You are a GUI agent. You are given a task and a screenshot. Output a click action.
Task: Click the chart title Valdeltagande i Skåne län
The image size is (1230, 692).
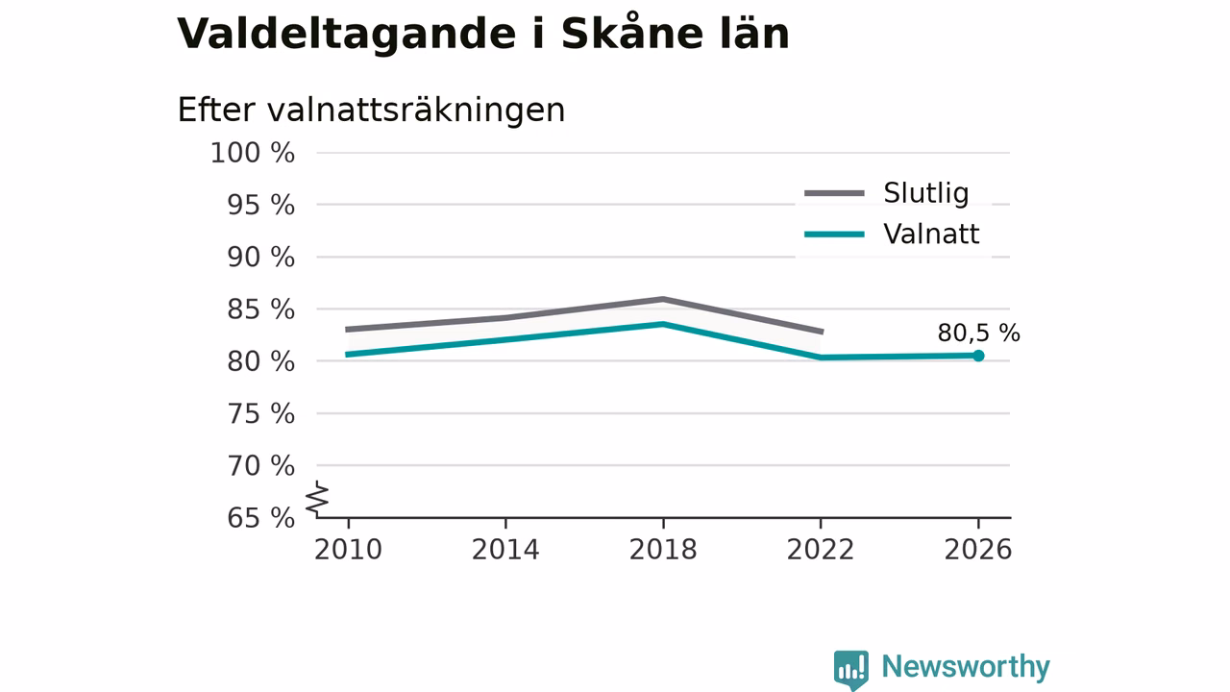tap(483, 33)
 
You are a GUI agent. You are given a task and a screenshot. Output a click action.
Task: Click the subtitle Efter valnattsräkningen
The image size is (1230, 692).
tap(371, 110)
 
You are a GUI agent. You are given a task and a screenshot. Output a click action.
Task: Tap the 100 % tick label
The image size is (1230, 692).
tap(253, 153)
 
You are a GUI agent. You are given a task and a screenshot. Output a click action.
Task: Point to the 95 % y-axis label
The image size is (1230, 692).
tap(260, 205)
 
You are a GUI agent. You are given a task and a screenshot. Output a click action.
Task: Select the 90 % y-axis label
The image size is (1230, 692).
tap(260, 257)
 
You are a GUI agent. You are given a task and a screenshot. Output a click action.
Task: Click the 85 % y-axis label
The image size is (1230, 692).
tap(260, 309)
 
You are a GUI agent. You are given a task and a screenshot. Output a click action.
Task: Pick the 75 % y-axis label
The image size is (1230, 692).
tap(260, 413)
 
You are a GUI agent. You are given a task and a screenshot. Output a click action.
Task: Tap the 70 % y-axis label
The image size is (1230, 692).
tap(260, 466)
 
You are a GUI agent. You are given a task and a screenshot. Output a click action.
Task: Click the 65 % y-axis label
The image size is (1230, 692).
tap(260, 518)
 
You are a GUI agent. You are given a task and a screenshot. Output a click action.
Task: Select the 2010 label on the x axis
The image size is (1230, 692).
tap(348, 550)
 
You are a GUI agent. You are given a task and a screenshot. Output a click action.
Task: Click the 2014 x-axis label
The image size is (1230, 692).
tap(505, 550)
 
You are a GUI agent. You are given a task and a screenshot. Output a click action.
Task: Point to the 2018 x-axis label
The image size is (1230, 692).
tap(663, 550)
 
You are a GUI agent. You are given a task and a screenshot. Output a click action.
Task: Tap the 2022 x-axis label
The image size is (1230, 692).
tap(821, 550)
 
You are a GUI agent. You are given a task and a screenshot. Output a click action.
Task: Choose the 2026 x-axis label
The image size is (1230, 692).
tap(977, 550)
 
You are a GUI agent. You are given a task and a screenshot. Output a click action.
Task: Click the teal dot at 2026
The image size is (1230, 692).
tap(978, 356)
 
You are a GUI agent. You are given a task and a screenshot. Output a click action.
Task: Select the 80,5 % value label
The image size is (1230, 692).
tap(978, 333)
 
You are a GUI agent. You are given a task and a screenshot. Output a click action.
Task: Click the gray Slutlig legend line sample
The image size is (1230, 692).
tap(835, 193)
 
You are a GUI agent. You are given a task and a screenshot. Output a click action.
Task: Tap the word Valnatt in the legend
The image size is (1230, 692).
tap(931, 234)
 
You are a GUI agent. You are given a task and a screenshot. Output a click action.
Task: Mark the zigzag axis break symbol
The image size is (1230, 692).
tap(317, 499)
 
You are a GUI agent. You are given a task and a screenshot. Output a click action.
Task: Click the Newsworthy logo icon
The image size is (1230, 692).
tap(851, 670)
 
